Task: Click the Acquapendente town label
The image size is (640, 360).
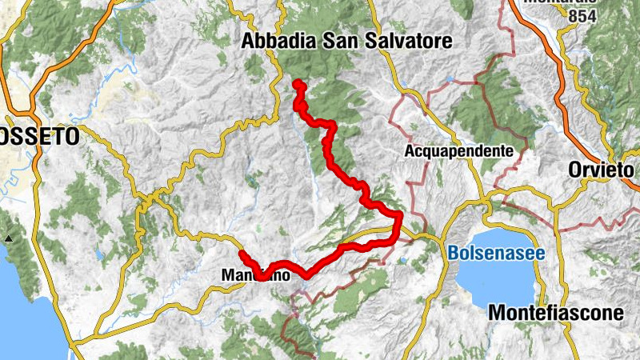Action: [458, 150]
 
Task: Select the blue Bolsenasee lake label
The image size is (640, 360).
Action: [496, 254]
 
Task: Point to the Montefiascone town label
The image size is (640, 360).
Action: [555, 313]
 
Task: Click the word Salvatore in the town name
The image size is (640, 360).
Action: [408, 41]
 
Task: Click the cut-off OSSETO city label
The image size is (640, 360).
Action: [39, 138]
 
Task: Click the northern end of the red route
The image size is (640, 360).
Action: [297, 84]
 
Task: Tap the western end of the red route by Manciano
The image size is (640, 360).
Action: [242, 254]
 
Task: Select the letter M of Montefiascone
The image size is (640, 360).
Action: [496, 313]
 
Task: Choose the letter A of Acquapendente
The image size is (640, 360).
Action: [411, 150]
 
